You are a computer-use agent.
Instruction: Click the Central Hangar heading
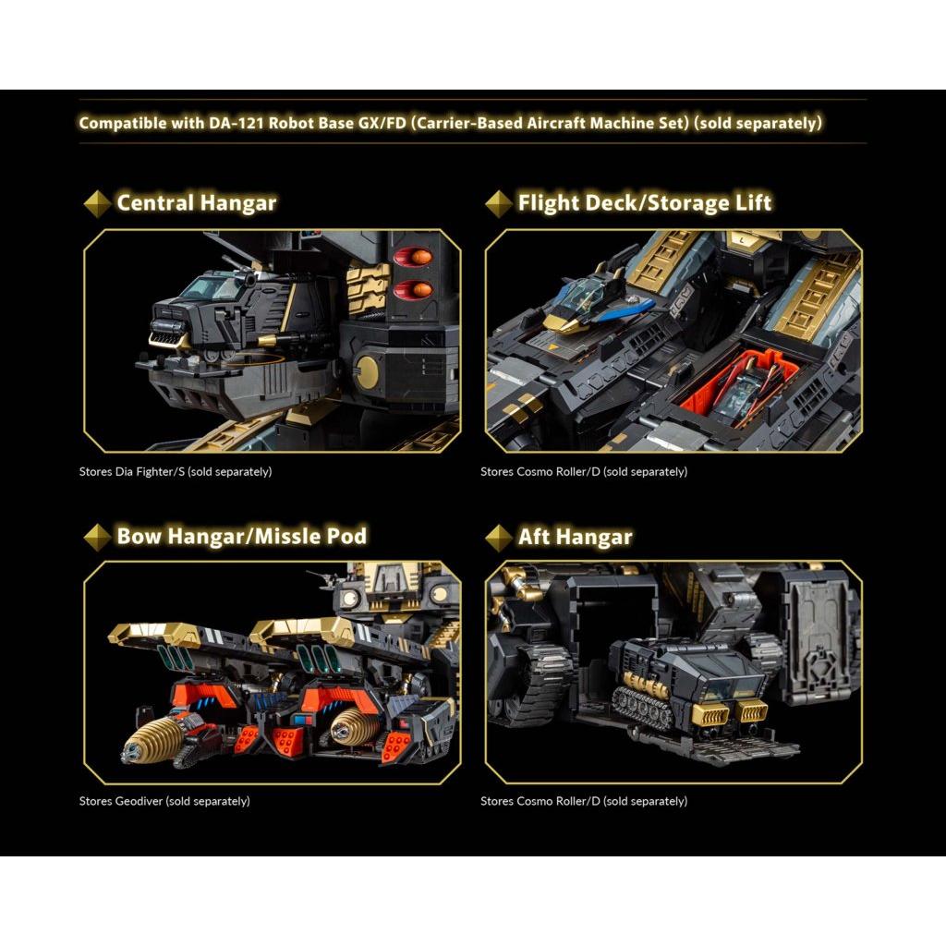pos(196,202)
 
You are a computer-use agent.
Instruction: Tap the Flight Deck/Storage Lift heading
pos(644,202)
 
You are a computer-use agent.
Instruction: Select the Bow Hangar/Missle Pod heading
pos(241,536)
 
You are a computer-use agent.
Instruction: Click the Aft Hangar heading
pos(575,537)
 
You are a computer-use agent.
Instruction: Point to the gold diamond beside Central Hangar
pos(97,203)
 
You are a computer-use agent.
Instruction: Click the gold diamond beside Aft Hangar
pos(499,537)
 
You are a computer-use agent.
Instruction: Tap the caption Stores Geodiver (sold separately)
pos(164,801)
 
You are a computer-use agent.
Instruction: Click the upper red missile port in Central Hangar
pos(413,257)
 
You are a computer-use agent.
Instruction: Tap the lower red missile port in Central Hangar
pos(413,290)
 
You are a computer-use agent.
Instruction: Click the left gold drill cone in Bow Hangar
pos(154,738)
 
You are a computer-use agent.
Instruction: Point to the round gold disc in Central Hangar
pos(366,370)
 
